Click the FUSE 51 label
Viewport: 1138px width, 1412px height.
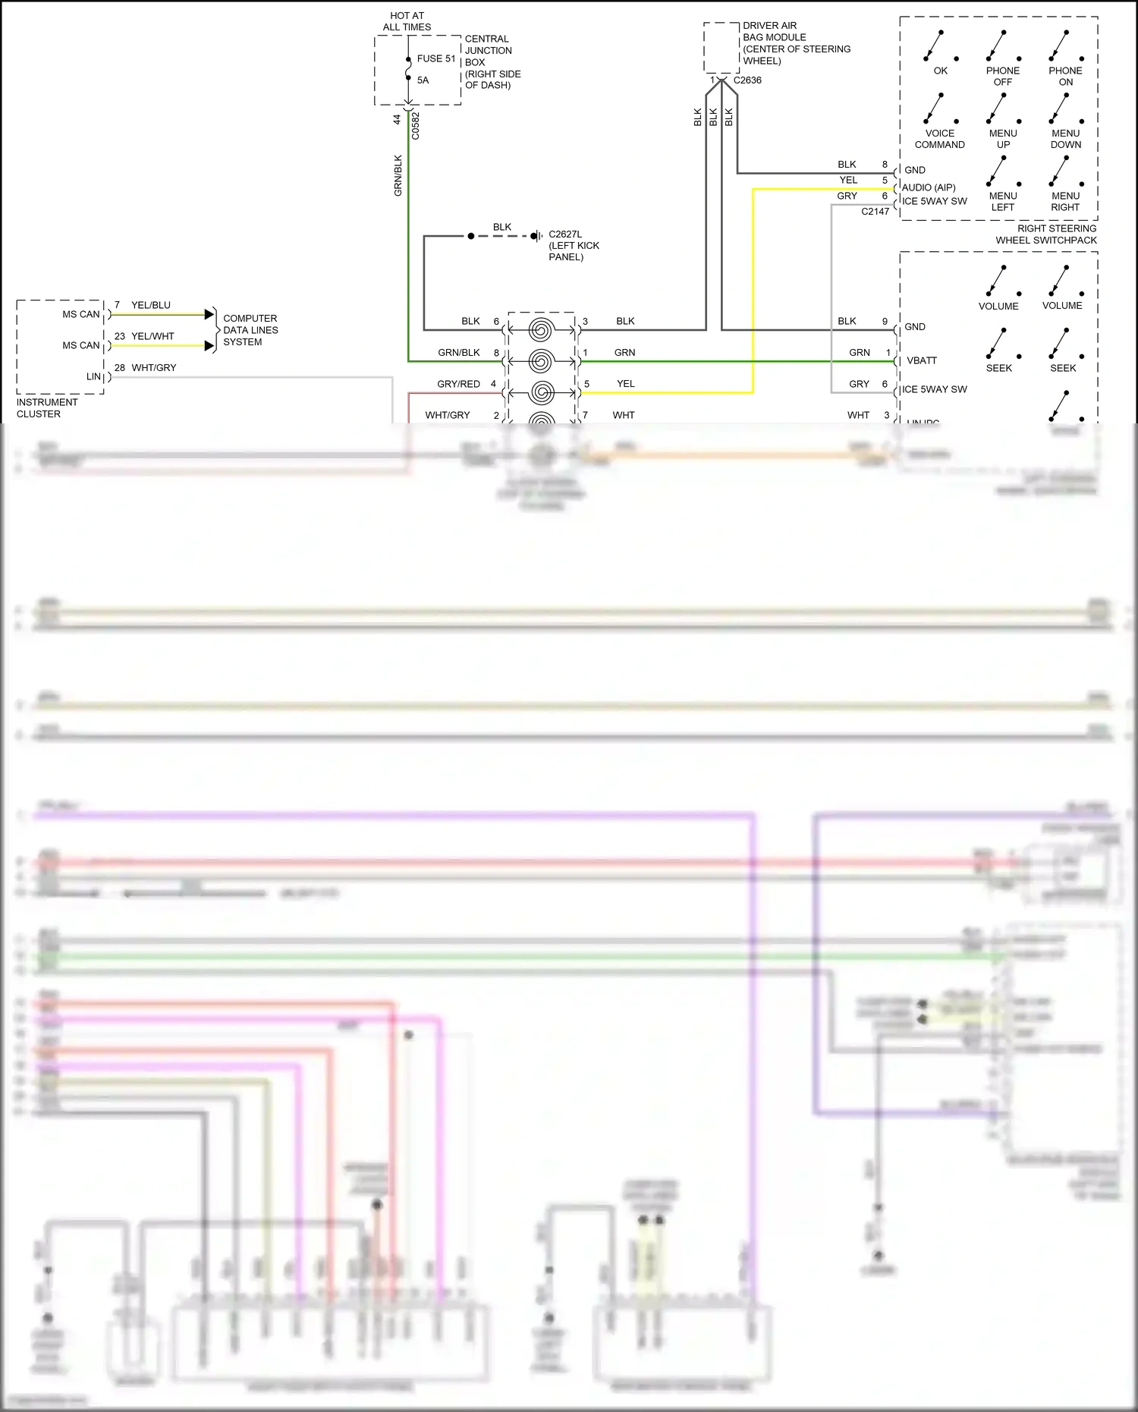436,58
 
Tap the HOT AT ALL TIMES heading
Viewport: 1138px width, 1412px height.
407,21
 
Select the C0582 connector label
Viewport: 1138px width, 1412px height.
415,126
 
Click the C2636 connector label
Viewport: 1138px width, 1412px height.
747,80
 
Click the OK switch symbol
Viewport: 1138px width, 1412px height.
940,46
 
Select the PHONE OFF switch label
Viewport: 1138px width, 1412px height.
1003,76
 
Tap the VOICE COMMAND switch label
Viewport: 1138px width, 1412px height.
939,139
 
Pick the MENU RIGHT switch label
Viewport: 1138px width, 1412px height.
1065,201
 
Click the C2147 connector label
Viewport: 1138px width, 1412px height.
875,212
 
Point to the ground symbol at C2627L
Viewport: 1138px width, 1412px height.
537,236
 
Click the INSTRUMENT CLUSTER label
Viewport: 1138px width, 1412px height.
47,408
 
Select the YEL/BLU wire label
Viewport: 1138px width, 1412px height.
151,305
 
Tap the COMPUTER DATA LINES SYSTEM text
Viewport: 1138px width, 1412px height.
250,330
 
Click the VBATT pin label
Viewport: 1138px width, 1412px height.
922,360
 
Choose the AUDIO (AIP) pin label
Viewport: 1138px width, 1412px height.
929,187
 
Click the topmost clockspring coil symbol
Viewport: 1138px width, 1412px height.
541,329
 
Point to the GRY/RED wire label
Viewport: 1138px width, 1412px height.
458,384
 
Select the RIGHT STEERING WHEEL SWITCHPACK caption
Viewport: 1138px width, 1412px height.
1046,234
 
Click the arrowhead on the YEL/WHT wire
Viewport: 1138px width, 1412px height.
209,346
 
